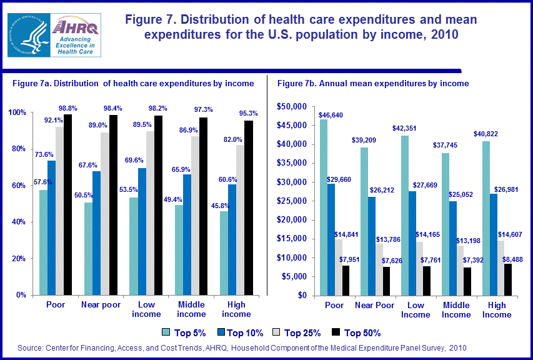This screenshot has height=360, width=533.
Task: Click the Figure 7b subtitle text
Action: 373,83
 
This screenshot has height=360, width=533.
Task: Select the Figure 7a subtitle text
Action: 133,83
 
